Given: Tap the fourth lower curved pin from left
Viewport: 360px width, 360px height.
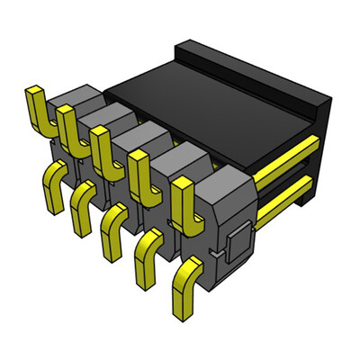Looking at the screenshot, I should tap(147, 247).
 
